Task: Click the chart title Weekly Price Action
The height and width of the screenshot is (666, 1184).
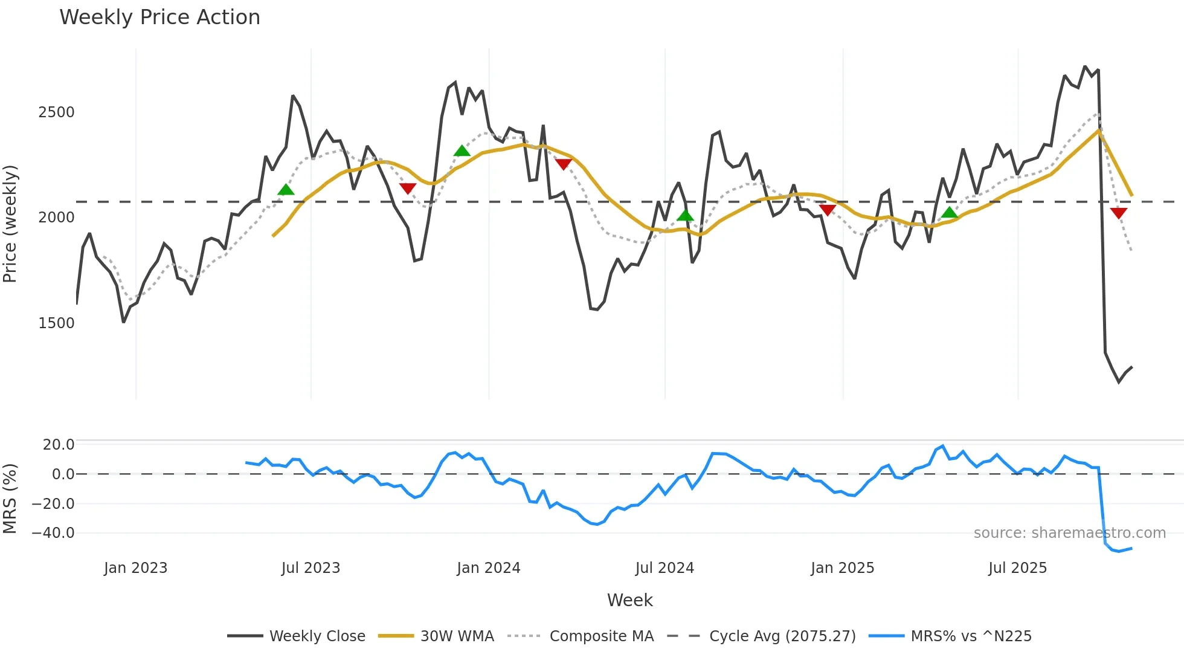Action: click(159, 18)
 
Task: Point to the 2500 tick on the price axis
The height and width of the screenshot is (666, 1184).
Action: click(56, 112)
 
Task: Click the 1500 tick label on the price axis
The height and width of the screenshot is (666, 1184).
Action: click(56, 323)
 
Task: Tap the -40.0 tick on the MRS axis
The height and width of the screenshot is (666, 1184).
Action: click(53, 533)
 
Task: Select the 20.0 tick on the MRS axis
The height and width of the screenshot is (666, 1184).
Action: click(58, 445)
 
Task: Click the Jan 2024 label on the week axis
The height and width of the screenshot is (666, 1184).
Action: click(488, 568)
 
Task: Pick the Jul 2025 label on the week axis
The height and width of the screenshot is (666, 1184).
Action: click(1017, 568)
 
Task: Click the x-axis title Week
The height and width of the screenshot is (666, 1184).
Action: click(629, 600)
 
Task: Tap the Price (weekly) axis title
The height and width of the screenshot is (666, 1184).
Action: click(10, 224)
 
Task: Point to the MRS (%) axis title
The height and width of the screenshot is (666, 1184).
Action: click(10, 499)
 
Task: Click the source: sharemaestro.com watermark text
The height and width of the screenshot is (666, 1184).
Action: click(1069, 533)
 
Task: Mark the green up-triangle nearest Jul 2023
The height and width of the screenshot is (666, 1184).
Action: click(286, 190)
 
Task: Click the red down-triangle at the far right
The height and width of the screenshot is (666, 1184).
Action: click(1118, 213)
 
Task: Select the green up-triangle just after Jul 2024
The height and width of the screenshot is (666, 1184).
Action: click(685, 215)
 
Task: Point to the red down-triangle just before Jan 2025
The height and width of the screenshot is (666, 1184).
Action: click(827, 210)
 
